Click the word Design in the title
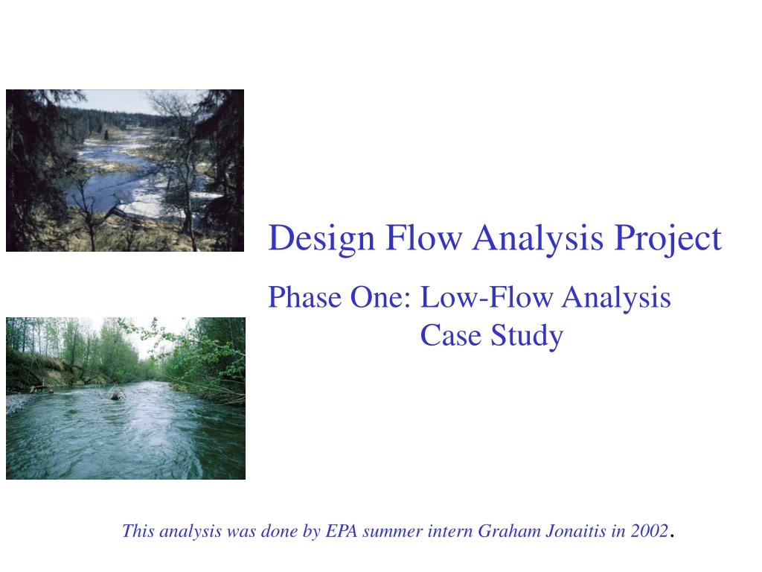[321, 239]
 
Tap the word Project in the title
[668, 239]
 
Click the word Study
[527, 337]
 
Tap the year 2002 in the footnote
[649, 530]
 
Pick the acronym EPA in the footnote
[342, 530]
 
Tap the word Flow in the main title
[423, 238]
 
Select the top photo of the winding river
[125, 171]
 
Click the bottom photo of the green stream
[125, 398]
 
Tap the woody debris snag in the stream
[117, 393]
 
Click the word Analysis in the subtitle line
[616, 298]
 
